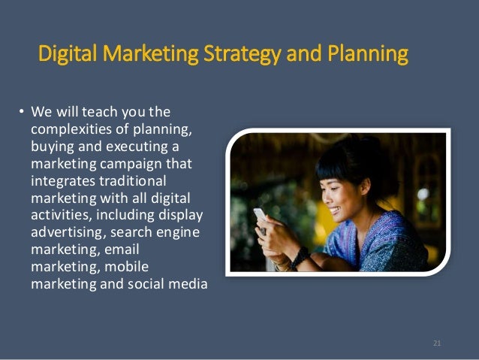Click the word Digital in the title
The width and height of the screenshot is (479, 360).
[68, 56]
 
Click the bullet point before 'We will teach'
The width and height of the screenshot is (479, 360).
[21, 114]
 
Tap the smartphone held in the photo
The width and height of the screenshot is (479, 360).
[260, 217]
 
